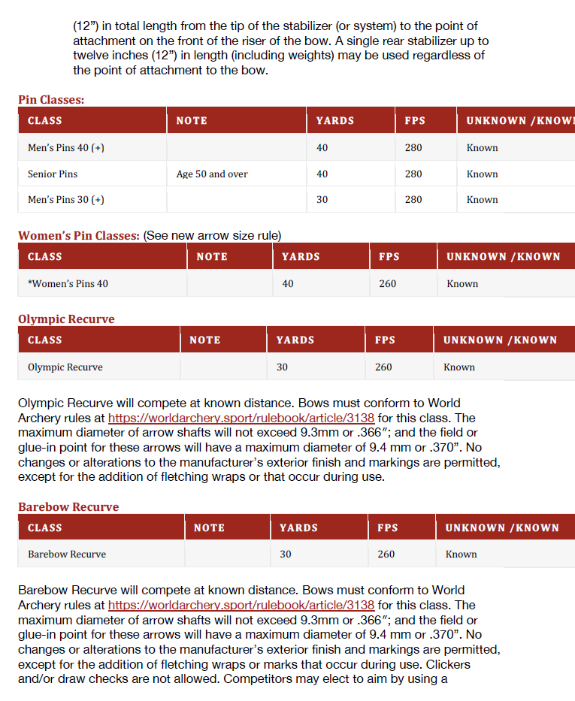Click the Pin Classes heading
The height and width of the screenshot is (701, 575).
51,99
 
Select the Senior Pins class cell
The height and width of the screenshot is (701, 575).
53,174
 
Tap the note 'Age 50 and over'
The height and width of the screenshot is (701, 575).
212,174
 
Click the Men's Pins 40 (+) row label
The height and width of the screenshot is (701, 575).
66,147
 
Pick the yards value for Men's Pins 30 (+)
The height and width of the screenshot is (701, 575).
322,200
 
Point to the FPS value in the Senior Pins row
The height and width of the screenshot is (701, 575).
413,174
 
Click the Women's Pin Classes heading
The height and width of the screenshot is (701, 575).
79,235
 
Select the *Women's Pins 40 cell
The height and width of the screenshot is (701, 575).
68,284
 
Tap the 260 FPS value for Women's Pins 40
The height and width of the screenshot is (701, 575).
388,284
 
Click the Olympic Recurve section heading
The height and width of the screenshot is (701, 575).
66,319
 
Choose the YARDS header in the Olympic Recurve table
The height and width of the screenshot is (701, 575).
295,340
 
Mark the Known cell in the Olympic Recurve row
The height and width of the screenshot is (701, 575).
459,367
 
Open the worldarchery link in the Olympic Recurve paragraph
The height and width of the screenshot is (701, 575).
241,418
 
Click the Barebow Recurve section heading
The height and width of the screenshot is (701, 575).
68,507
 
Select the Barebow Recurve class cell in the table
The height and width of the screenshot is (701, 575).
67,554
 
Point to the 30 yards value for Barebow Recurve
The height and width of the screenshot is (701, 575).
286,554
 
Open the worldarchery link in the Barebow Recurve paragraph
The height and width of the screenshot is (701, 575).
241,606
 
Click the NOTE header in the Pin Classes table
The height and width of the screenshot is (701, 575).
192,120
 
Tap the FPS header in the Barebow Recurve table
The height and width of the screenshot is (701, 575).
388,528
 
